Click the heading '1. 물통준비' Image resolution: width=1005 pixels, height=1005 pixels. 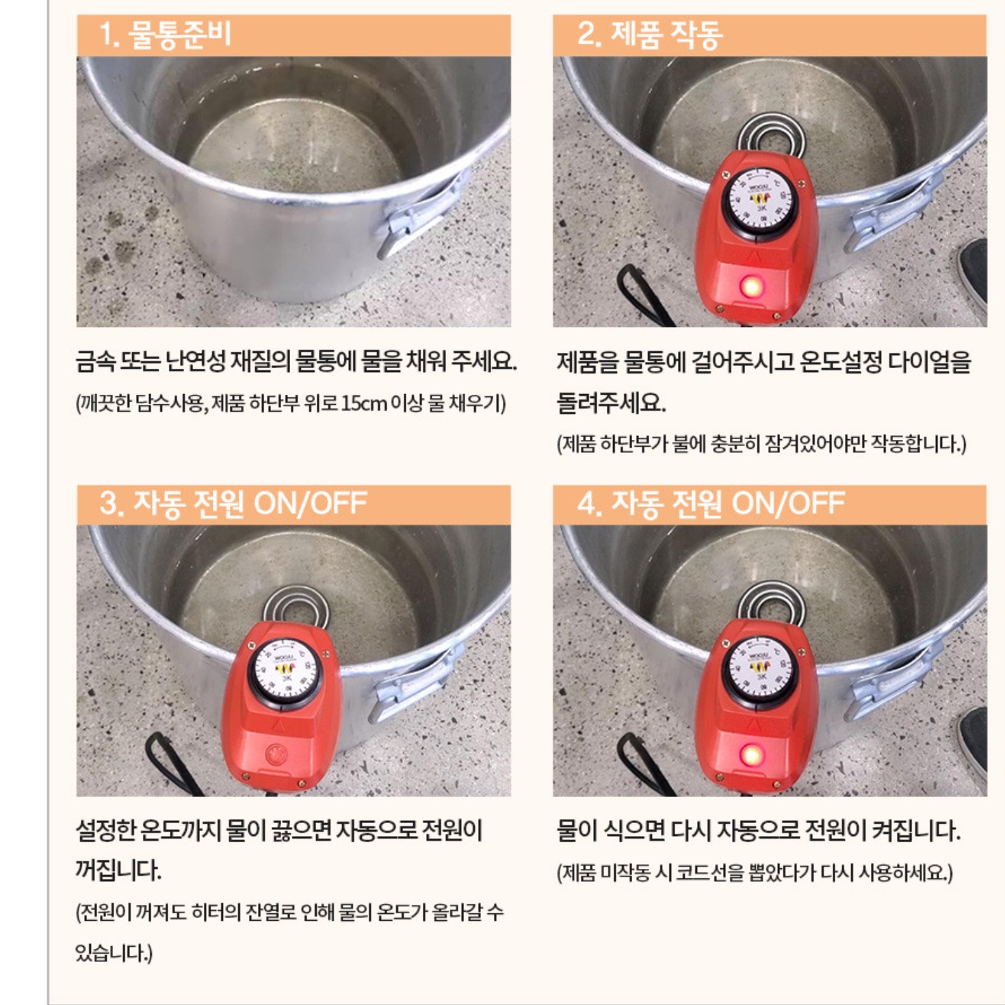[165, 35]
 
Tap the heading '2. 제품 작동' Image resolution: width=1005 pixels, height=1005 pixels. [649, 35]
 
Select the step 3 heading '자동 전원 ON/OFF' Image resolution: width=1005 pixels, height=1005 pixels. [233, 504]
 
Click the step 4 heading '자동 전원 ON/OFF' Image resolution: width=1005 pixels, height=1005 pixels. [711, 504]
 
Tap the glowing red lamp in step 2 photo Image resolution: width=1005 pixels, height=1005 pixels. [751, 286]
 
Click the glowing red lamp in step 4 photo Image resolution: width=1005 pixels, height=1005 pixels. [751, 756]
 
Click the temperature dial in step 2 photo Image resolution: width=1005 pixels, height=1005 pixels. [757, 200]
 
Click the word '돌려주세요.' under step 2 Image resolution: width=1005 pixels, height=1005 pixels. [611, 402]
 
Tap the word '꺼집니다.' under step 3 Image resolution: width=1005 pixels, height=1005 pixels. [118, 871]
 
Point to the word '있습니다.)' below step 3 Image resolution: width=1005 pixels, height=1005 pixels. [114, 952]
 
